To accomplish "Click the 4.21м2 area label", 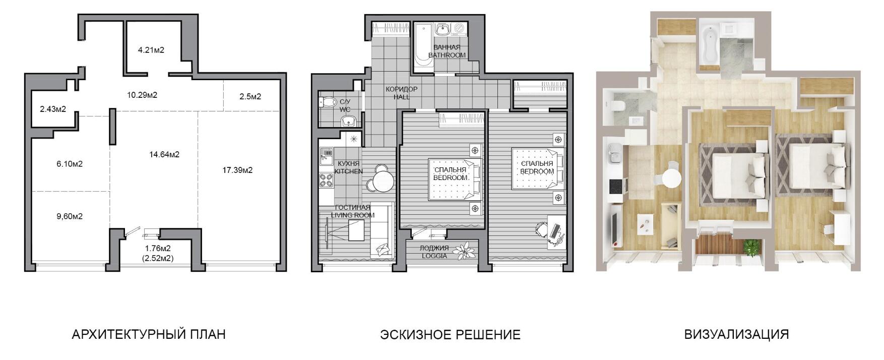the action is point(151,50).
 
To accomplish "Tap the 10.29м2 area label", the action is point(142,95).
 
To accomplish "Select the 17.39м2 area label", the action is point(237,170).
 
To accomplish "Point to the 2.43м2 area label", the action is point(53,109).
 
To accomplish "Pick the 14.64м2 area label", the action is point(164,154).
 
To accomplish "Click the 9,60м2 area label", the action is point(70,216).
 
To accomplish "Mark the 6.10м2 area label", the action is point(70,164).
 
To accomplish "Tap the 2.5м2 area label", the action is point(250,96).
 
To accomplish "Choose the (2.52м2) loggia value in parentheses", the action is point(158,258).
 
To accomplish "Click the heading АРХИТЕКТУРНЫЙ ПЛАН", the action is point(149,334).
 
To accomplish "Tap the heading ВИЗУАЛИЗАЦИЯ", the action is point(736,334).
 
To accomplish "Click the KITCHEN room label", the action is point(349,171).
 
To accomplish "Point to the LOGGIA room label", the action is point(434,256).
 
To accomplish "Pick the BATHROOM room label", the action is point(447,55).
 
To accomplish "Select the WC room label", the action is point(345,109).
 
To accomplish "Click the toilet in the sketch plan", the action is point(328,102).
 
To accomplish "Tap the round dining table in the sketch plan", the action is point(383,180).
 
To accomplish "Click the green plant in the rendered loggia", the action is point(751,247).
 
